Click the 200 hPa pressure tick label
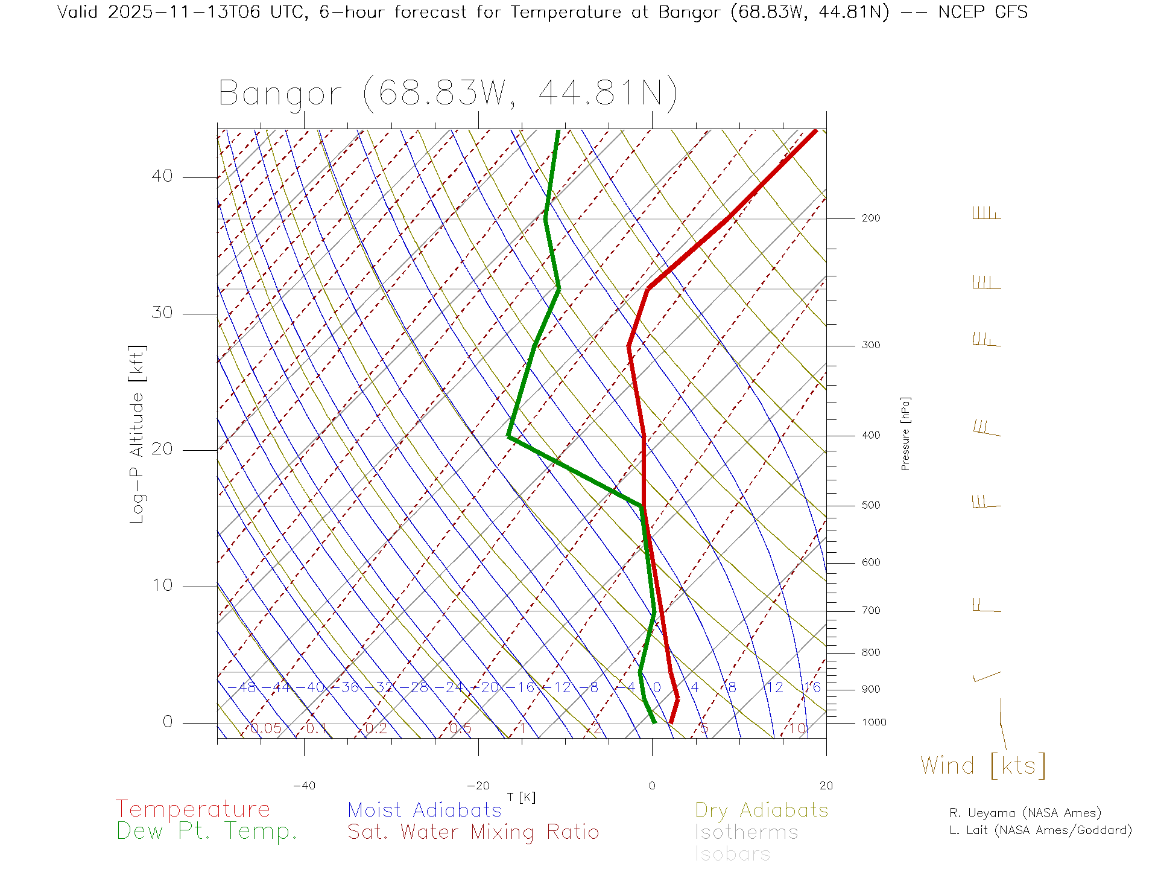pyautogui.click(x=870, y=218)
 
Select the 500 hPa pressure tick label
pyautogui.click(x=870, y=506)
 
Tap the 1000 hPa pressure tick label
pyautogui.click(x=873, y=722)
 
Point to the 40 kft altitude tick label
pyautogui.click(x=162, y=176)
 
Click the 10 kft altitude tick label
pyautogui.click(x=162, y=585)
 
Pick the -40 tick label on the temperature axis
pyautogui.click(x=304, y=786)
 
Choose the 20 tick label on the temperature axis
pyautogui.click(x=826, y=786)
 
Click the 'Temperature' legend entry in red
pyautogui.click(x=192, y=809)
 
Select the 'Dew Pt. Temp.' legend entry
pyautogui.click(x=207, y=832)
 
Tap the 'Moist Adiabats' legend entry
pyautogui.click(x=425, y=810)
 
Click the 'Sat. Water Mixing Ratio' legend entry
pyautogui.click(x=473, y=832)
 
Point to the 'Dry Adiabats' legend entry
pyautogui.click(x=761, y=810)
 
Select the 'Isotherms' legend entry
pyautogui.click(x=746, y=832)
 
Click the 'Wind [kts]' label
pyautogui.click(x=982, y=766)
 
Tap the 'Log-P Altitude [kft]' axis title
pyautogui.click(x=137, y=434)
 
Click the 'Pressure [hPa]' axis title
pyautogui.click(x=905, y=433)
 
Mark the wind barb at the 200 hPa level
pyautogui.click(x=986, y=214)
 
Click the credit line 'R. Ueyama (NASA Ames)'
pyautogui.click(x=1025, y=813)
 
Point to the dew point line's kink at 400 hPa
pyautogui.click(x=509, y=436)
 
